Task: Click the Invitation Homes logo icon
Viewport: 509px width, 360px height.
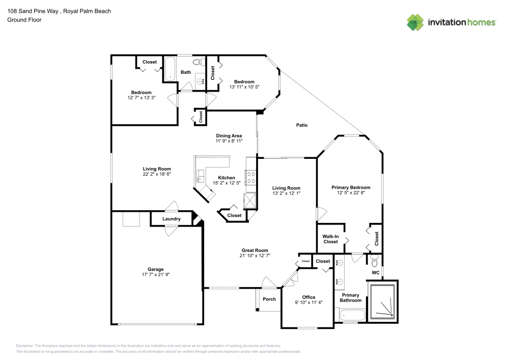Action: tap(415, 22)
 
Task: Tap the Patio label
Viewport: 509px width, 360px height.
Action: tap(301, 125)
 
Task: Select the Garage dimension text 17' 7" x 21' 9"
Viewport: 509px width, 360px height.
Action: tap(155, 274)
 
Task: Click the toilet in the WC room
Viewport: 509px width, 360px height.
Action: tap(375, 260)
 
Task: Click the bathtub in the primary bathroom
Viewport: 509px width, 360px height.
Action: tap(353, 315)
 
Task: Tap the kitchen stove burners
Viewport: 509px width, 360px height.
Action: tap(251, 177)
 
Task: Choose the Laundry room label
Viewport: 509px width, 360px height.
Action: tap(172, 219)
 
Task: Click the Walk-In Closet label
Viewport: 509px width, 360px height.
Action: tap(330, 239)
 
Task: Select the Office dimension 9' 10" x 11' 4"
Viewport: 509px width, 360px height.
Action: tap(308, 302)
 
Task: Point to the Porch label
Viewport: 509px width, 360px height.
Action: tap(269, 299)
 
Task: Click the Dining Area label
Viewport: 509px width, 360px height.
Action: tap(229, 135)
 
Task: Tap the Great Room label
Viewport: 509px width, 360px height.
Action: tap(255, 251)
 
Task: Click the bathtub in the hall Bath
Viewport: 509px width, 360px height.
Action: tap(170, 69)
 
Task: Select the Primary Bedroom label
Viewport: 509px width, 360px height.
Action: tap(351, 187)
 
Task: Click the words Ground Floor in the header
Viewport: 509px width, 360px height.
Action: tap(24, 20)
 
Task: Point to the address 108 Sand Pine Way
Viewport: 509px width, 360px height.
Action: tap(33, 11)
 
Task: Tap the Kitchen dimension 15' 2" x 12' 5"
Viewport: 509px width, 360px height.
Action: tap(227, 183)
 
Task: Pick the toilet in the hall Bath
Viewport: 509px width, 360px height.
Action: tap(199, 61)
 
